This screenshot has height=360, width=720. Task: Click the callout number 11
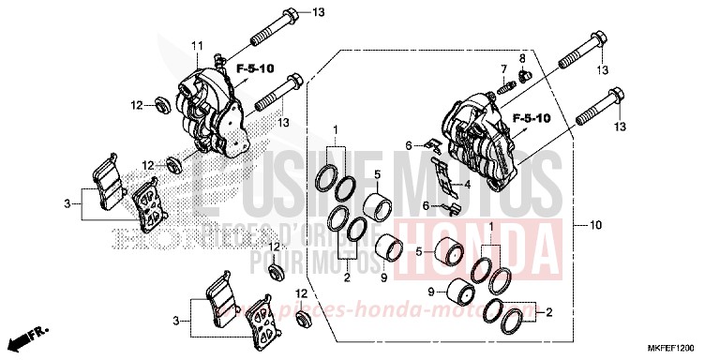click(x=198, y=46)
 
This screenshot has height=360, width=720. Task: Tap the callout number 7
click(x=502, y=69)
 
